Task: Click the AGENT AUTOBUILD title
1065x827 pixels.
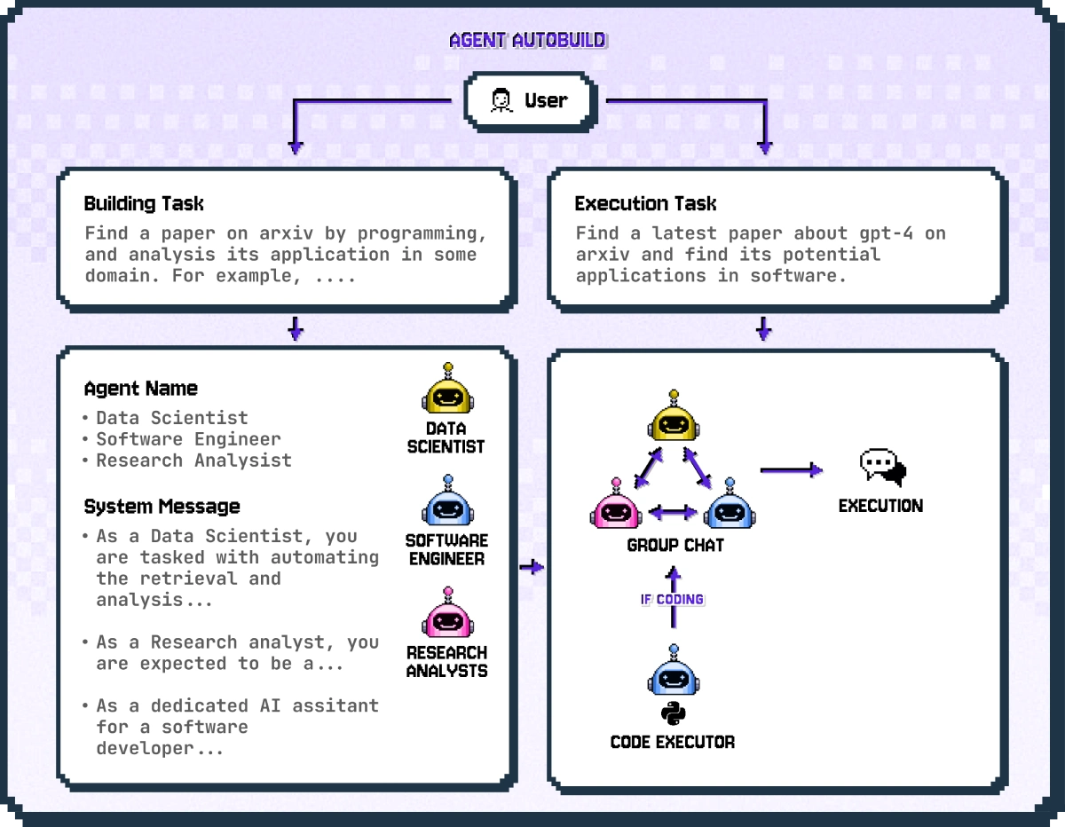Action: [x=527, y=40]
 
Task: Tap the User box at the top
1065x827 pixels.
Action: [x=530, y=101]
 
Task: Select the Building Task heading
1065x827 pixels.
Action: [x=144, y=204]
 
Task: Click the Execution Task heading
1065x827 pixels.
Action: [x=645, y=204]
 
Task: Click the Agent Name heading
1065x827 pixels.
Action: [x=140, y=389]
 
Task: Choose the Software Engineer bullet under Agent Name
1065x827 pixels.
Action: [x=188, y=439]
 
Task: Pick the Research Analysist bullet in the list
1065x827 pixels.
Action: [x=193, y=461]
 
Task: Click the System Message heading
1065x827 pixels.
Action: [x=162, y=507]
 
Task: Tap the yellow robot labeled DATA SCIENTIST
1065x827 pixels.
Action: [x=447, y=391]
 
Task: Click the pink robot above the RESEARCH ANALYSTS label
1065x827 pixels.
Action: [x=447, y=615]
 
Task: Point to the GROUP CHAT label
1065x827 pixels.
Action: [x=674, y=545]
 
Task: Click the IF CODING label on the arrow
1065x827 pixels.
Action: [x=672, y=600]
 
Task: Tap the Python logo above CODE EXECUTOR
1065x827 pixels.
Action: [x=674, y=713]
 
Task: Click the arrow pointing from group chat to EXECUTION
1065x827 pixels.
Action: [x=791, y=470]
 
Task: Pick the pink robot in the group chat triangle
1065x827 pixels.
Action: [x=616, y=507]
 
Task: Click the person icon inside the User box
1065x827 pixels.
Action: [x=501, y=101]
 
